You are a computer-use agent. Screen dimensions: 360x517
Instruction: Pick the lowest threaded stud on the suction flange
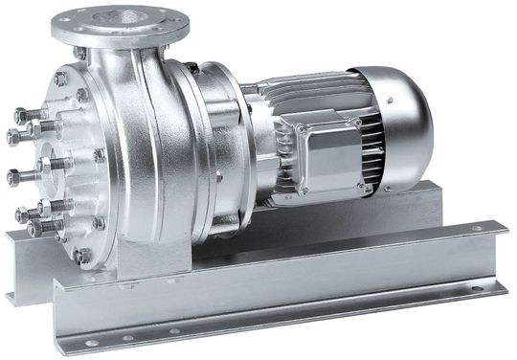tap(36, 230)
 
